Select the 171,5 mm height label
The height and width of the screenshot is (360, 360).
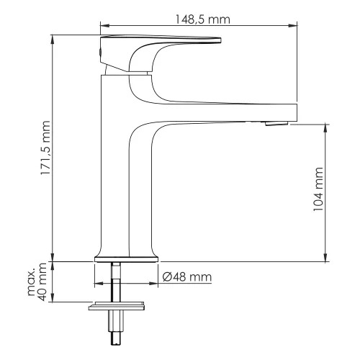pos(45,158)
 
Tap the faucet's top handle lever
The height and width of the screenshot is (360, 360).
pos(158,40)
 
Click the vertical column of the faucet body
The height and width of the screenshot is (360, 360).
pos(115,166)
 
